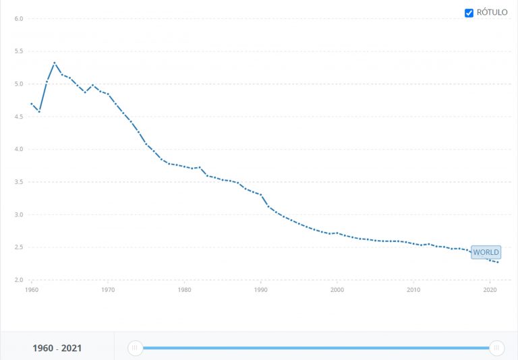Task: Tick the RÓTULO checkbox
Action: (469, 13)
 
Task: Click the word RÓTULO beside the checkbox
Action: (492, 13)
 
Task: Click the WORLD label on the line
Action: (486, 253)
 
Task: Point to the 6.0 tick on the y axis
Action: (19, 18)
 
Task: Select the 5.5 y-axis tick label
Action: (19, 51)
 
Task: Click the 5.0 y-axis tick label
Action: (19, 84)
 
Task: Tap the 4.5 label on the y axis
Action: (19, 117)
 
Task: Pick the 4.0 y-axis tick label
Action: (19, 150)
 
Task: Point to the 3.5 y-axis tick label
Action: (19, 182)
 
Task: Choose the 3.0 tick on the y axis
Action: (19, 215)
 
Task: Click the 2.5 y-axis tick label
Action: (19, 247)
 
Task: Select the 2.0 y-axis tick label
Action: (19, 280)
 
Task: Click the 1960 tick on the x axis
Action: (31, 290)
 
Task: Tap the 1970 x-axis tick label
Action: (108, 290)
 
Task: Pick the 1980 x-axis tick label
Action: (184, 290)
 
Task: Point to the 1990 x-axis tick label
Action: (261, 290)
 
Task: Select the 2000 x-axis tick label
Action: (337, 290)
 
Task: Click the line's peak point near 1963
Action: (55, 63)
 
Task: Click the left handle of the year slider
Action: (135, 348)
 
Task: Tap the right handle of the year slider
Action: (497, 348)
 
